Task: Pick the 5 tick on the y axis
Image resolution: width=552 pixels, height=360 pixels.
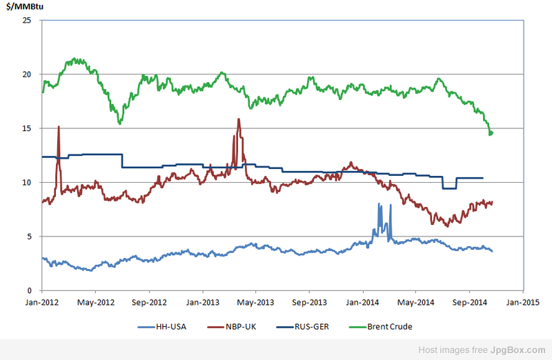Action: click(x=28, y=236)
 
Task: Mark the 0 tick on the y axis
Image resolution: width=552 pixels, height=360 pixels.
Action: click(x=28, y=290)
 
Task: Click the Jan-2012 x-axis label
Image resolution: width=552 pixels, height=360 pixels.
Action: click(x=41, y=301)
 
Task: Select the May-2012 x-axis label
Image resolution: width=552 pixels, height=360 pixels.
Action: click(x=95, y=301)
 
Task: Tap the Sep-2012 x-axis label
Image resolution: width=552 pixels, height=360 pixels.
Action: click(x=149, y=301)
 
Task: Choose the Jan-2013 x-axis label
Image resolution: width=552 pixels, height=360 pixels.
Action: click(x=202, y=301)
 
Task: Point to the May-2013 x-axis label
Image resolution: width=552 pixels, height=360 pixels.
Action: click(x=255, y=301)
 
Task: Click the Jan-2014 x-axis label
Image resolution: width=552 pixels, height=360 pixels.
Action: click(x=362, y=301)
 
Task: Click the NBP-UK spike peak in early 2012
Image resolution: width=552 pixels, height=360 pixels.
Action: click(x=59, y=127)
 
